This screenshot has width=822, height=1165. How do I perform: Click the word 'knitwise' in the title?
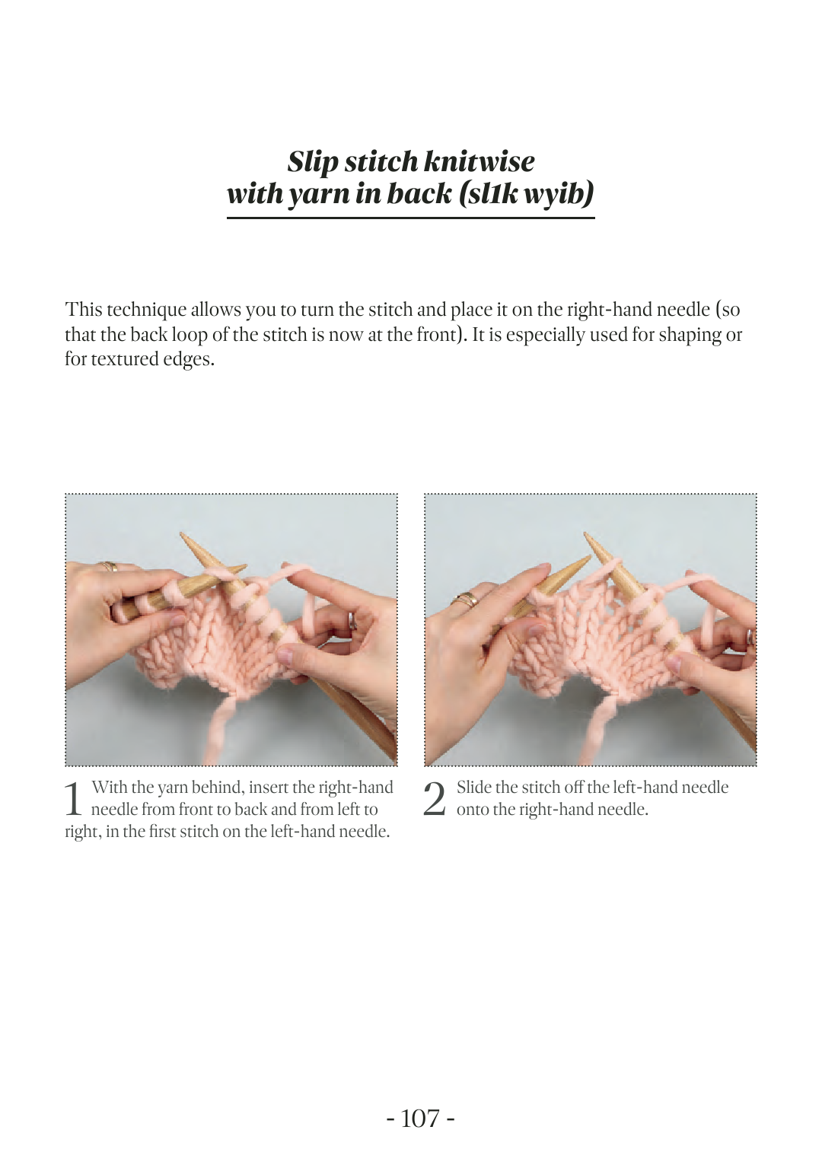479,161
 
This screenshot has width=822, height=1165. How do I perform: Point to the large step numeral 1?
73,799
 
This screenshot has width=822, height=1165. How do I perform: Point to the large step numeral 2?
435,799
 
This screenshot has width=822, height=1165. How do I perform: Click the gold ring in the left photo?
110,566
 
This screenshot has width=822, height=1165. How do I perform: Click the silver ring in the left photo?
352,620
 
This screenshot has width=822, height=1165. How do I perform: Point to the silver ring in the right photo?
750,636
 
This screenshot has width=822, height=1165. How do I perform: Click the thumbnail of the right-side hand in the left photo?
285,655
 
